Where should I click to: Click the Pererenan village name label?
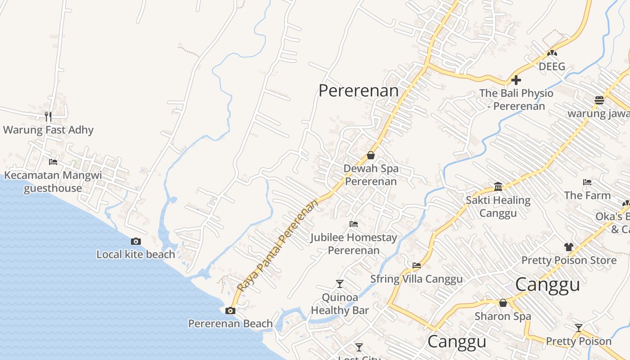click(x=359, y=91)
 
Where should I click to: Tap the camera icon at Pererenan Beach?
click(x=230, y=310)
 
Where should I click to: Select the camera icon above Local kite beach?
click(x=136, y=242)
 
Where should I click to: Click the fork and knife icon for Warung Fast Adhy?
click(x=48, y=117)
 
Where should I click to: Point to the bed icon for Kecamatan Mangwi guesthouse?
click(x=53, y=162)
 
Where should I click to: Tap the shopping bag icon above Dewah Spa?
click(x=371, y=155)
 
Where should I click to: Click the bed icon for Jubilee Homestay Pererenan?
click(x=354, y=224)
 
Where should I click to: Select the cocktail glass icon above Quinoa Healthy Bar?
click(x=340, y=284)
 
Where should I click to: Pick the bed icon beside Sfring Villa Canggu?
click(x=417, y=265)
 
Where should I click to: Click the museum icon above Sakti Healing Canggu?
click(x=498, y=187)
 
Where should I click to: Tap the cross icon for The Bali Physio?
click(x=516, y=80)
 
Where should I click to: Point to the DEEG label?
click(x=552, y=67)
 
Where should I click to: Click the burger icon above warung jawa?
click(x=599, y=100)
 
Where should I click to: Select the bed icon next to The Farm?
click(x=587, y=182)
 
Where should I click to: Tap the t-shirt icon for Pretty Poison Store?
click(x=569, y=247)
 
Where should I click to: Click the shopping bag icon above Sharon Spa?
click(x=503, y=303)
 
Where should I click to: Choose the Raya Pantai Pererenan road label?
click(x=278, y=246)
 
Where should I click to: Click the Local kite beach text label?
click(x=136, y=255)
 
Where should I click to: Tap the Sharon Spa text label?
click(x=503, y=316)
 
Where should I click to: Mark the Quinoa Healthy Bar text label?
click(x=340, y=304)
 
